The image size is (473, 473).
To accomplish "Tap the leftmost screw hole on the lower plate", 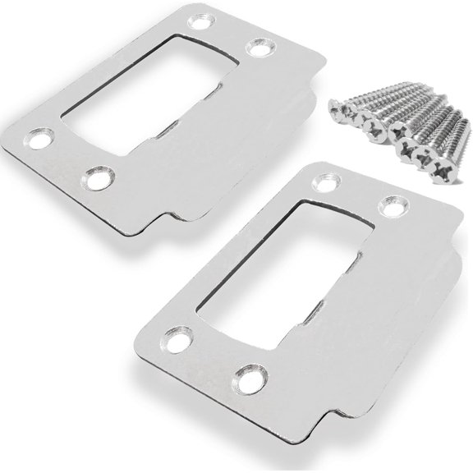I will coord(173,337).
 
